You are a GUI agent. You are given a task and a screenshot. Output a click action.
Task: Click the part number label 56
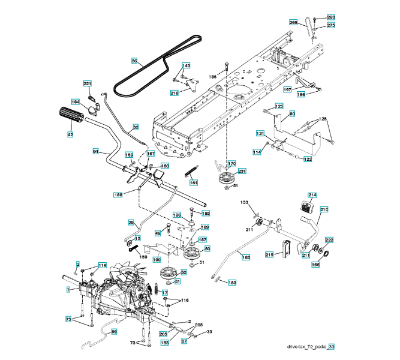point(135,61)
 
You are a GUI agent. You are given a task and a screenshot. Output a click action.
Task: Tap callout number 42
point(70,135)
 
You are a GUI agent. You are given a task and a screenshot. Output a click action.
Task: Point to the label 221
point(88,83)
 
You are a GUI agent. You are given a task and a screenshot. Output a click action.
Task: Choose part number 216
point(175,93)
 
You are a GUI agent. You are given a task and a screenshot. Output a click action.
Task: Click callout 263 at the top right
point(331,17)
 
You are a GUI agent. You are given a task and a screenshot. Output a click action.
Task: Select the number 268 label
point(294,23)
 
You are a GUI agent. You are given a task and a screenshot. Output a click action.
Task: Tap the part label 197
point(288,89)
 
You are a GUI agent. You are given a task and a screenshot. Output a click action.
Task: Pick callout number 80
point(292,114)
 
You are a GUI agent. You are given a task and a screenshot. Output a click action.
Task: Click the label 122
point(308,159)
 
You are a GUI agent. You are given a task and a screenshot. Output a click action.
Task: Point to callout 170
point(231,164)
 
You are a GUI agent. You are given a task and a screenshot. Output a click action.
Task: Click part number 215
point(269,255)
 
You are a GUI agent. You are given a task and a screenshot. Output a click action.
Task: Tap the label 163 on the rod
point(246,257)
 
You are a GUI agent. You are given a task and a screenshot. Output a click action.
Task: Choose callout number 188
point(119,194)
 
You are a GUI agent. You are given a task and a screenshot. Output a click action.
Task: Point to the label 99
point(114,332)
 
